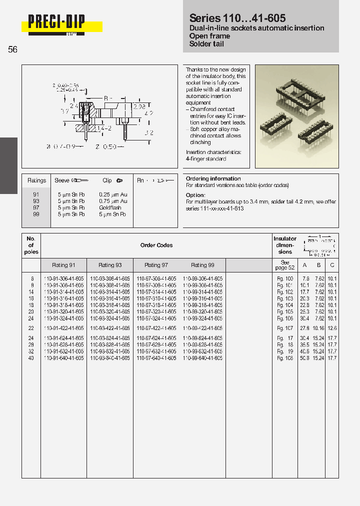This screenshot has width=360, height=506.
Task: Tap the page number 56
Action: pyautogui.click(x=13, y=49)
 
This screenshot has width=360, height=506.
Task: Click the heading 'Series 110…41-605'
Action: pyautogui.click(x=237, y=18)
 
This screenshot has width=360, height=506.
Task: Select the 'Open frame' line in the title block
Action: pyautogui.click(x=209, y=36)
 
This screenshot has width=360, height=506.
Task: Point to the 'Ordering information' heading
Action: pyautogui.click(x=213, y=178)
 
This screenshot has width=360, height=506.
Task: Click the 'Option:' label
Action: pyautogui.click(x=195, y=195)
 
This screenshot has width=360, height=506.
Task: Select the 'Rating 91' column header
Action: pyautogui.click(x=63, y=265)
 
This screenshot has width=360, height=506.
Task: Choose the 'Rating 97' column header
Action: pyautogui.click(x=156, y=265)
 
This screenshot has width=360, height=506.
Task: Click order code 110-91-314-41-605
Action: pyautogui.click(x=64, y=291)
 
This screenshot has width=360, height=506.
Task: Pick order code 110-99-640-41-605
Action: pyautogui.click(x=202, y=358)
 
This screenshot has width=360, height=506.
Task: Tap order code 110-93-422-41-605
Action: pyautogui.click(x=110, y=328)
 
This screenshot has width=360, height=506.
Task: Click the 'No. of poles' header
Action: pyautogui.click(x=31, y=245)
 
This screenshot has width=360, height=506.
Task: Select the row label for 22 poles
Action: pyautogui.click(x=31, y=328)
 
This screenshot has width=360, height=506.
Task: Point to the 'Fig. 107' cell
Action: pyautogui.click(x=285, y=328)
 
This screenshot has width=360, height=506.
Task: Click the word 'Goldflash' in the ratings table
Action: pyautogui.click(x=110, y=207)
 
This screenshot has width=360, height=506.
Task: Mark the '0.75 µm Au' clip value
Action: pyautogui.click(x=113, y=201)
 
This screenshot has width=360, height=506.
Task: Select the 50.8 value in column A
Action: pyautogui.click(x=304, y=358)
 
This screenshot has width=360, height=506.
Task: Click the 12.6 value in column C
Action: pyautogui.click(x=332, y=328)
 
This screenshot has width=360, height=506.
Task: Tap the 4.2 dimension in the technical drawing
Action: pyautogui.click(x=148, y=113)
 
